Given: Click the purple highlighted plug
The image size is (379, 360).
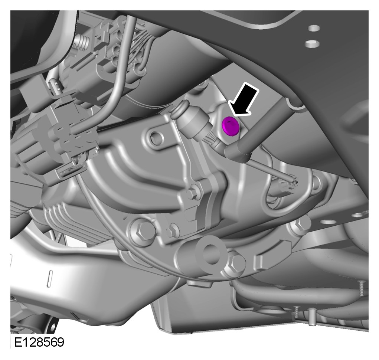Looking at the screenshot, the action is pyautogui.click(x=231, y=125).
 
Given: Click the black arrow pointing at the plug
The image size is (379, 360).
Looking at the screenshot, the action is pyautogui.click(x=244, y=99).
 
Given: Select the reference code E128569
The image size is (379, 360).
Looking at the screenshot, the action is pyautogui.click(x=39, y=342).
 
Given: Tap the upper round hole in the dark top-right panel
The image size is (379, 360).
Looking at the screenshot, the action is pyautogui.click(x=314, y=28).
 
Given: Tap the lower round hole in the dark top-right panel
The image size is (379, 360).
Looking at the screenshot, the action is pyautogui.click(x=312, y=43).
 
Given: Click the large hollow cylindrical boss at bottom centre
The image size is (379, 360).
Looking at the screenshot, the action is pyautogui.click(x=210, y=253).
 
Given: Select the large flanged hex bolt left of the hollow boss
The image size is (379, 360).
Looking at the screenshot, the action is pyautogui.click(x=142, y=231).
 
